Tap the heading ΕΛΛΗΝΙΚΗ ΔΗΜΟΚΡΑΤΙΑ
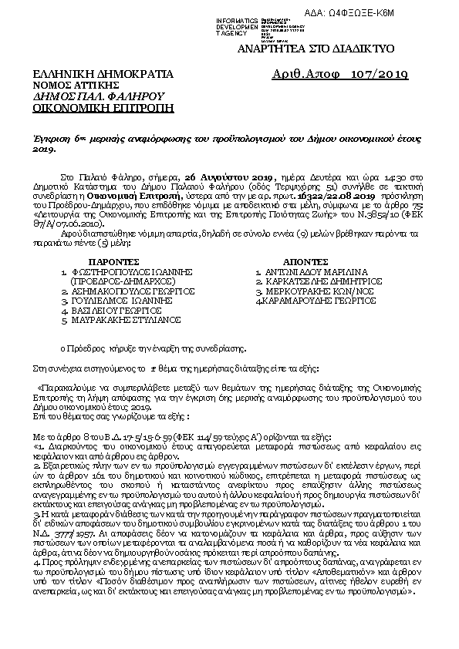coord(103,74)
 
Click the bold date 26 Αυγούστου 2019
coord(224,177)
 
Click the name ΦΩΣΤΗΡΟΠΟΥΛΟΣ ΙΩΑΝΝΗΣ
coord(130,271)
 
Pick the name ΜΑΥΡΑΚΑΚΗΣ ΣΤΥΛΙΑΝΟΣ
coord(127,318)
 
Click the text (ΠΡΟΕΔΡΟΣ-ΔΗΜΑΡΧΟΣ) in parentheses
coord(116,281)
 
